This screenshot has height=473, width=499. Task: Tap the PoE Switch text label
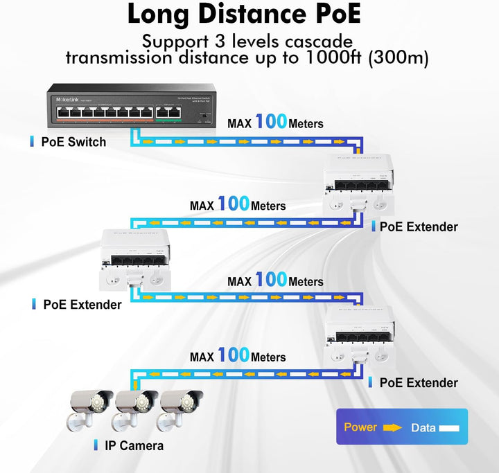(73, 142)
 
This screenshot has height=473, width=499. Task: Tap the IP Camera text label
(134, 445)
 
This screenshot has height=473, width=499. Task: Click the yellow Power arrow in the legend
(392, 427)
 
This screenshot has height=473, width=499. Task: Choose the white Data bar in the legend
(450, 428)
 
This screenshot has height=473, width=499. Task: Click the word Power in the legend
(360, 427)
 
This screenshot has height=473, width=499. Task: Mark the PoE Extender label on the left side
(82, 304)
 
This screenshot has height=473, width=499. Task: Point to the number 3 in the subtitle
(234, 41)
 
